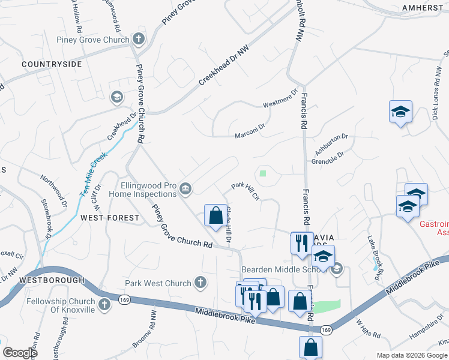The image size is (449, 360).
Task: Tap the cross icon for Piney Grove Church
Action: point(139,40)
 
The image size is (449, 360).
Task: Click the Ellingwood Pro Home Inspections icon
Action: point(186,190)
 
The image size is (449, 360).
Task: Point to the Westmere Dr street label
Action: point(280,100)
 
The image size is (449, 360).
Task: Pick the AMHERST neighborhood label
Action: point(423,7)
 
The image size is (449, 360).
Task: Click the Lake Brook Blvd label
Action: point(376,247)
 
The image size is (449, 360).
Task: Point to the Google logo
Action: point(20,353)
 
